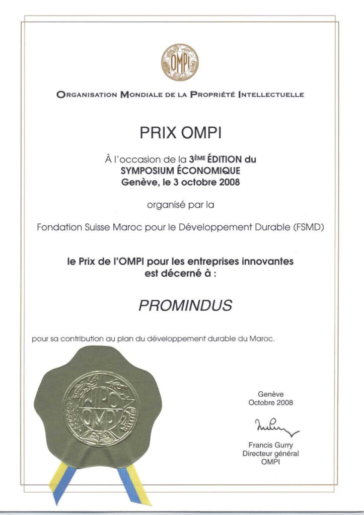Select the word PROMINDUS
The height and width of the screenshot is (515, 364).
tap(178, 305)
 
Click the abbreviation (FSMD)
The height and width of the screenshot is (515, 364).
tap(308, 227)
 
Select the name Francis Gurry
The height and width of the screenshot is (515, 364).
tap(270, 445)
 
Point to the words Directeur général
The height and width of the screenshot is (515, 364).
tap(270, 454)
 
